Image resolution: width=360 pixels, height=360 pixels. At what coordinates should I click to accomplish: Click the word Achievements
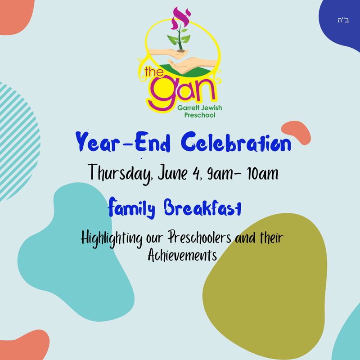click(x=182, y=256)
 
